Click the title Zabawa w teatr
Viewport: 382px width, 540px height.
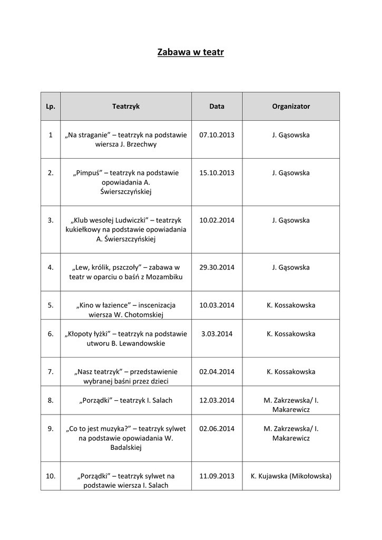[x=191, y=52]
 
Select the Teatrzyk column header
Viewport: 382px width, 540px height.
[x=126, y=107]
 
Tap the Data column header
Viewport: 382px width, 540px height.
[x=217, y=107]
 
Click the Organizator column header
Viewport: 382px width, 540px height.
[x=291, y=107]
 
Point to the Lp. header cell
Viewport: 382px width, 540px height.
[x=51, y=107]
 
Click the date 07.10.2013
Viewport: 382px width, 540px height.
[x=217, y=135]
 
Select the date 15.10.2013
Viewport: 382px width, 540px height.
[x=217, y=173]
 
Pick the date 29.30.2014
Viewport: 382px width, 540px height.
[x=217, y=267]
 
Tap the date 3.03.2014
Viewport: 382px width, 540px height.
[x=217, y=334]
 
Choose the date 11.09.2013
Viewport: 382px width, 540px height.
[x=217, y=476]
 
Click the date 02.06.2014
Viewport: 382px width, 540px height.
[x=217, y=429]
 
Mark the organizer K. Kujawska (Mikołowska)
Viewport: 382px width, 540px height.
[x=291, y=476]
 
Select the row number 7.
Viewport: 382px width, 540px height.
[x=51, y=372]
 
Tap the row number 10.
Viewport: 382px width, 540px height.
[x=51, y=476]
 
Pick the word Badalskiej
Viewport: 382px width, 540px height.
[x=126, y=448]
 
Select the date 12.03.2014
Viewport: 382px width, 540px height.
[x=217, y=400]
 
